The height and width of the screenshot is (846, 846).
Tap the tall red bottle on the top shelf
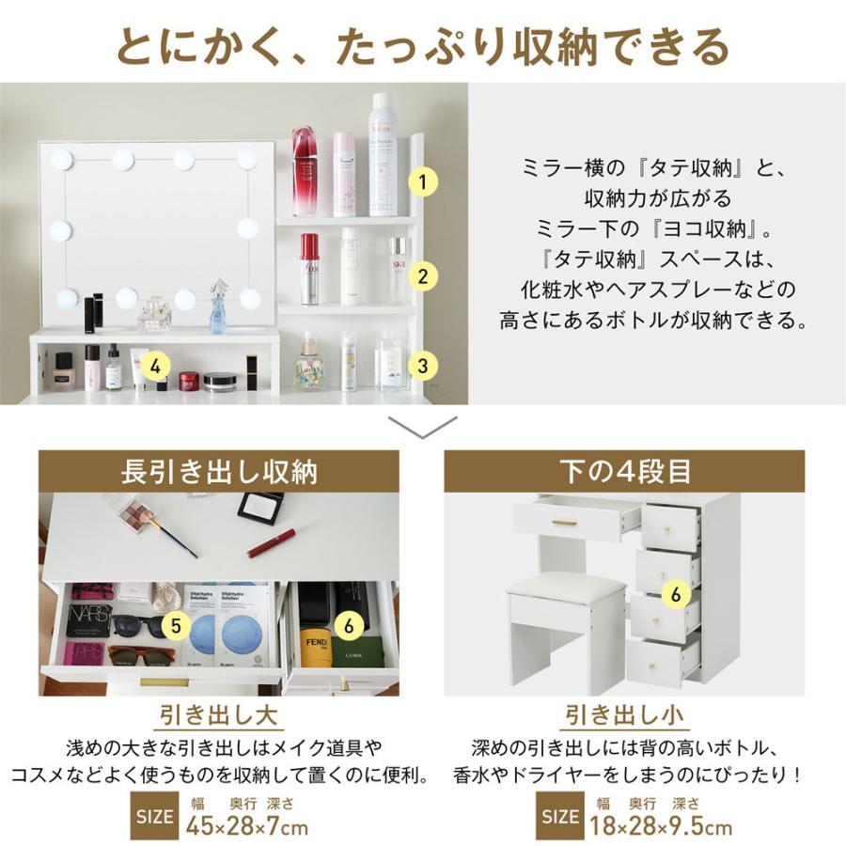305,171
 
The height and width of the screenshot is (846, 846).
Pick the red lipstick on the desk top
271,543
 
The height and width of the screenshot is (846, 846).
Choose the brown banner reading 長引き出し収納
218,472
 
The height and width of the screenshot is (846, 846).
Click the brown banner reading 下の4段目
624,472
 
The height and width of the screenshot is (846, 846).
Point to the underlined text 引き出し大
218,714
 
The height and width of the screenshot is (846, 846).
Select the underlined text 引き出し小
624,714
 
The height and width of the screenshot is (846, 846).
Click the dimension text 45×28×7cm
246,827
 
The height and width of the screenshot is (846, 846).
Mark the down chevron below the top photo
423,427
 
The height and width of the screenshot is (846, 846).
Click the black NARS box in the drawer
87,619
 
